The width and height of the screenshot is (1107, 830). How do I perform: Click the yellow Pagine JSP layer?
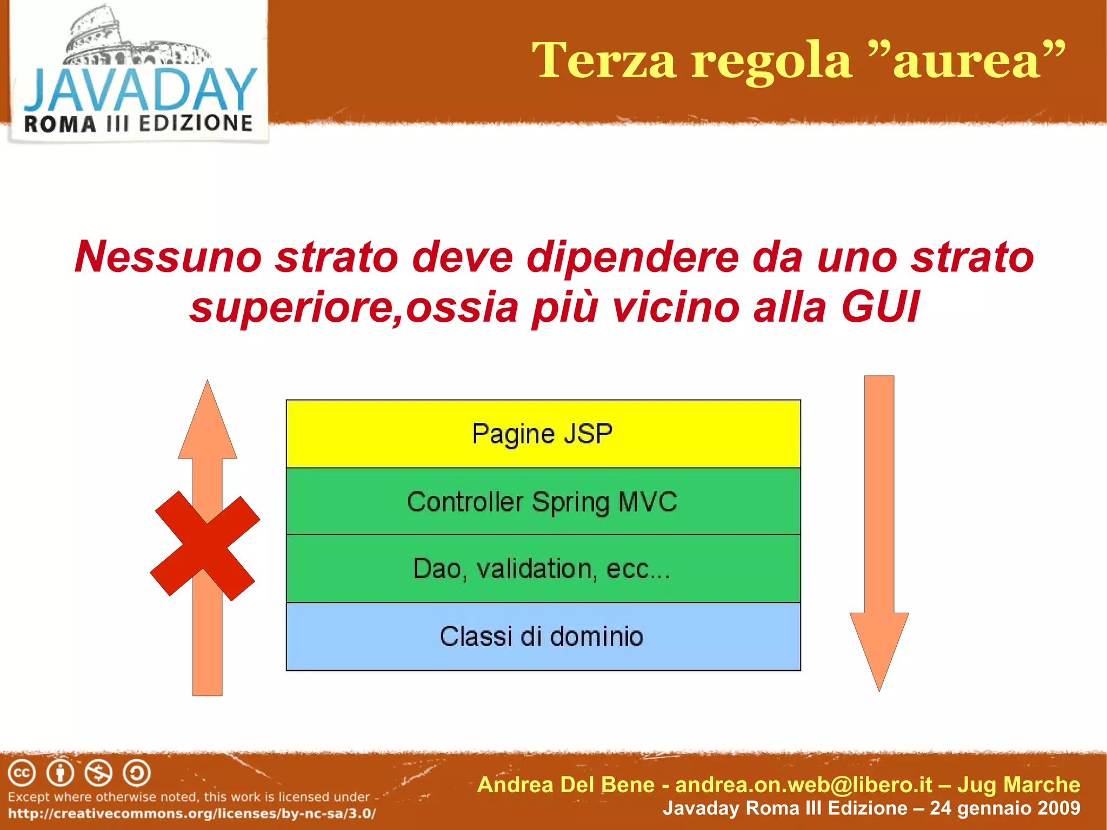543,434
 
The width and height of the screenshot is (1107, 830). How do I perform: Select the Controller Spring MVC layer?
543,501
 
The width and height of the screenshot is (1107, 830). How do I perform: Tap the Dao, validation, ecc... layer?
543,569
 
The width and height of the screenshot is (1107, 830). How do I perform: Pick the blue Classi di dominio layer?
543,636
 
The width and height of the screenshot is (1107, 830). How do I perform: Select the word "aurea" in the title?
967,61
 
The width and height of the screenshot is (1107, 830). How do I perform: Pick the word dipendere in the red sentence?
632,257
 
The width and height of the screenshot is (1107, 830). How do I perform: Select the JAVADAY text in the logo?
139,90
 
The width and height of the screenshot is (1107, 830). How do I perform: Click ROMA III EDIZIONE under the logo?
138,124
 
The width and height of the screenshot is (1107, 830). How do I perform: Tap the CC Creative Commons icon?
22,773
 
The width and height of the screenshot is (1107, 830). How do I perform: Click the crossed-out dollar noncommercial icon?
98,773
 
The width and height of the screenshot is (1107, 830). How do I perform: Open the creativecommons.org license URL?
192,813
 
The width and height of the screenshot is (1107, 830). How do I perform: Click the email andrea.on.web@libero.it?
804,785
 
